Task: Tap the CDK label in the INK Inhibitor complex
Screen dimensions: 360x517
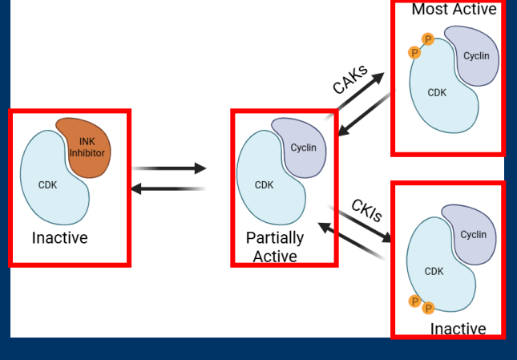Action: pyautogui.click(x=48, y=185)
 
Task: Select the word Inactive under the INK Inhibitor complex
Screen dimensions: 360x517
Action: pyautogui.click(x=60, y=238)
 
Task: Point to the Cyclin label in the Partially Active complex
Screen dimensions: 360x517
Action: pyautogui.click(x=303, y=148)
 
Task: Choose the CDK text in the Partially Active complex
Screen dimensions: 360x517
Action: pyautogui.click(x=264, y=185)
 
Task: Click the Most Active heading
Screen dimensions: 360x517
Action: pyautogui.click(x=454, y=10)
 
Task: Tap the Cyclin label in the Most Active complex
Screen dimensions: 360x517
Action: pyautogui.click(x=476, y=56)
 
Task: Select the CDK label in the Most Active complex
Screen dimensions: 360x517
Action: pyautogui.click(x=437, y=93)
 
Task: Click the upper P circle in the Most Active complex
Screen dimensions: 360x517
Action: pyautogui.click(x=428, y=39)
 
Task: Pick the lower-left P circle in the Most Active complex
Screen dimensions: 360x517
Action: pyautogui.click(x=414, y=52)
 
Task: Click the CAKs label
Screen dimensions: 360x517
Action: pyautogui.click(x=350, y=79)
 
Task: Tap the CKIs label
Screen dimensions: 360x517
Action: pyautogui.click(x=366, y=210)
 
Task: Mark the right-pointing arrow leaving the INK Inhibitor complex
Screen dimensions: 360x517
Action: pyautogui.click(x=169, y=168)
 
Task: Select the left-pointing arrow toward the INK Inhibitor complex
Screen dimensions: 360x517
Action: pyautogui.click(x=168, y=188)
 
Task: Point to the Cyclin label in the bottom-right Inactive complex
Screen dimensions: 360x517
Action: pyautogui.click(x=473, y=235)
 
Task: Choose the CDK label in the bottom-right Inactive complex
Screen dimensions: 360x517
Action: pyautogui.click(x=434, y=272)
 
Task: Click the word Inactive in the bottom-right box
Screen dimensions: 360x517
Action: pyautogui.click(x=458, y=329)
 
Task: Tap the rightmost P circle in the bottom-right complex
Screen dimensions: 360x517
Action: pyautogui.click(x=427, y=308)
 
